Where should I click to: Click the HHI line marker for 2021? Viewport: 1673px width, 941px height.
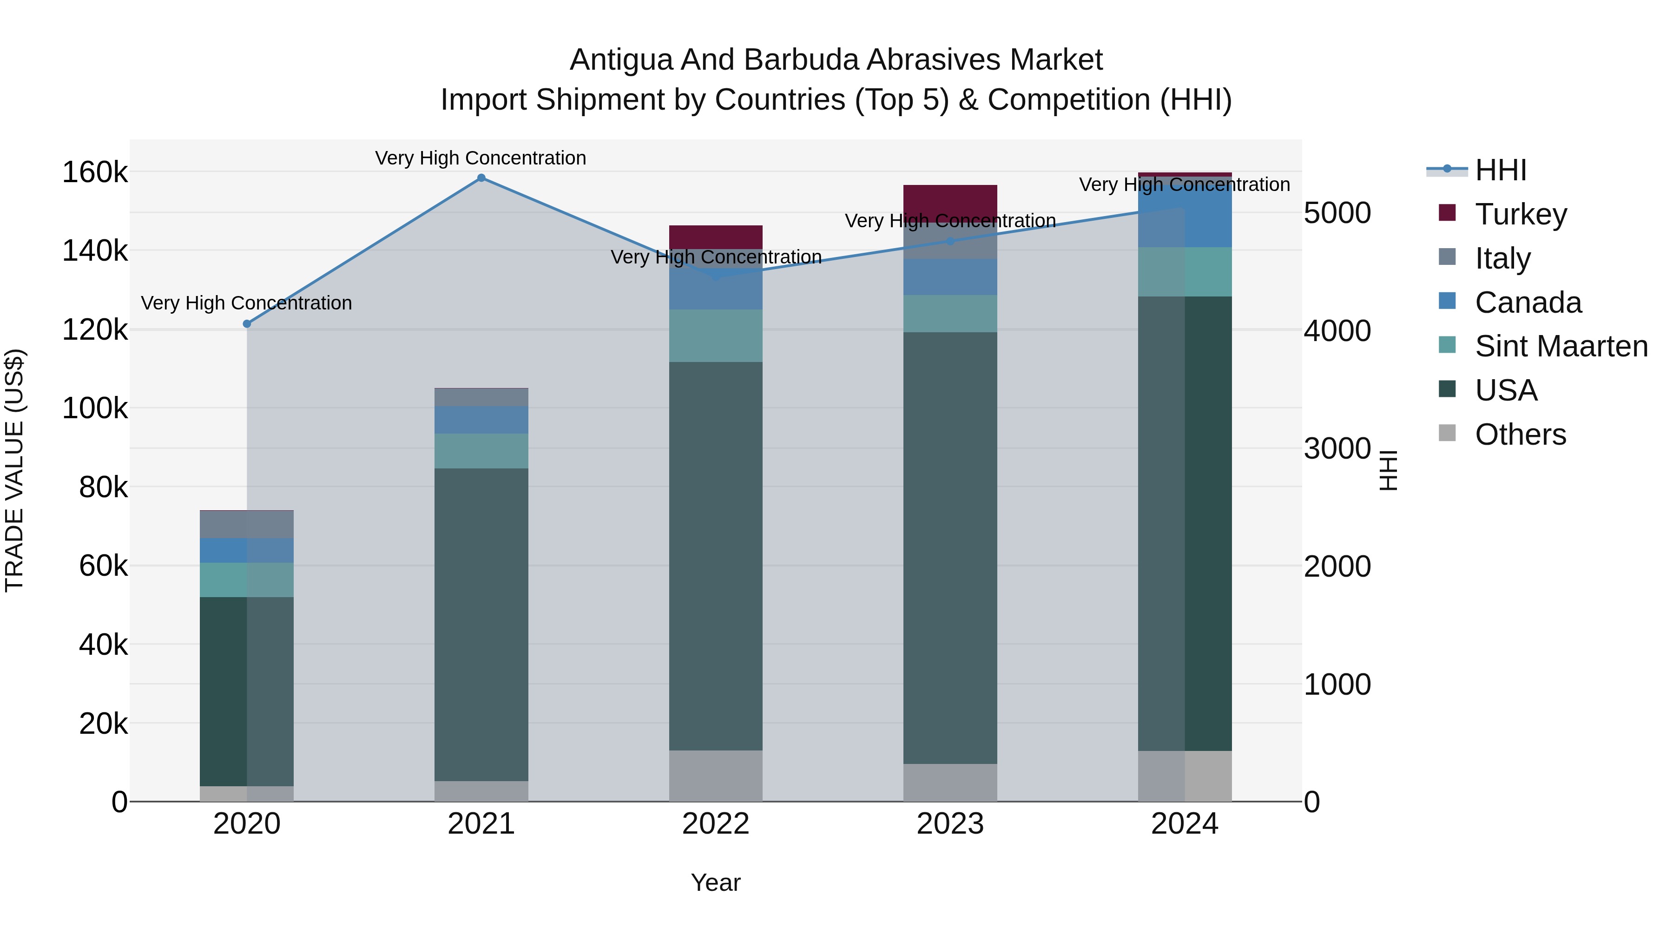point(481,178)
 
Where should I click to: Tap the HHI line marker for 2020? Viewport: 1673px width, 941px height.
point(247,324)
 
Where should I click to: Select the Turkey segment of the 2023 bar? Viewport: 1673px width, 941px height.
point(950,203)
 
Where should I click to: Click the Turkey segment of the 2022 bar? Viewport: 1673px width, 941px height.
point(716,237)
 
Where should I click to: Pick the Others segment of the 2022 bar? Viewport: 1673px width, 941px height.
point(716,776)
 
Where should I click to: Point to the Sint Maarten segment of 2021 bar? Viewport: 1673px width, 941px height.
point(481,451)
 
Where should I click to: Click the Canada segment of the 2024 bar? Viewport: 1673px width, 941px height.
point(1185,214)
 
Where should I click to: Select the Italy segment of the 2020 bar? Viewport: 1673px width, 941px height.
point(247,525)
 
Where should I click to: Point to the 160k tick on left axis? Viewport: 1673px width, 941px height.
point(95,173)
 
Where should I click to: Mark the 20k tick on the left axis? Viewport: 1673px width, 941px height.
point(103,724)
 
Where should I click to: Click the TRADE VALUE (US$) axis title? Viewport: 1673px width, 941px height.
point(15,471)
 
